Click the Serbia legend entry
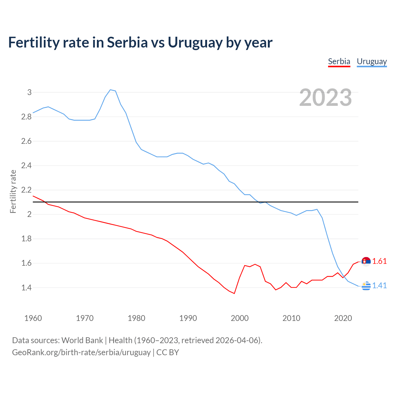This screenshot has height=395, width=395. [339, 61]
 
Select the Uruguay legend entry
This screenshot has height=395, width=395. [372, 61]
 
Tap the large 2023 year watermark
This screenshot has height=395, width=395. [326, 98]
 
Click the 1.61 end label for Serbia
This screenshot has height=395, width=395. [379, 261]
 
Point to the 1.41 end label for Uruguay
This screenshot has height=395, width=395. [379, 285]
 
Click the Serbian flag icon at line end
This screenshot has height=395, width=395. [366, 261]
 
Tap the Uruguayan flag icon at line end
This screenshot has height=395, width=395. [366, 286]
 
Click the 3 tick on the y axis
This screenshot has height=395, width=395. [29, 92]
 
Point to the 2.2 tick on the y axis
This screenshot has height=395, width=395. [26, 190]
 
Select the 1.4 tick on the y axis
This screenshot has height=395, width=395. [26, 288]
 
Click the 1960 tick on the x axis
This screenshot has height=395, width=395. [33, 318]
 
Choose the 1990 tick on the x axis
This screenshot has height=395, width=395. [188, 318]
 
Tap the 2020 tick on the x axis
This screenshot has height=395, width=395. [343, 318]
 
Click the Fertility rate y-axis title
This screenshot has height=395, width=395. [13, 191]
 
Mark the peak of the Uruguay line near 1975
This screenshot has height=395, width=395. [110, 90]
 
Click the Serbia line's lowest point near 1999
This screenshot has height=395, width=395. [234, 293]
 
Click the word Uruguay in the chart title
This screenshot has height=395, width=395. [195, 43]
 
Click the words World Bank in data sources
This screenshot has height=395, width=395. [82, 340]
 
